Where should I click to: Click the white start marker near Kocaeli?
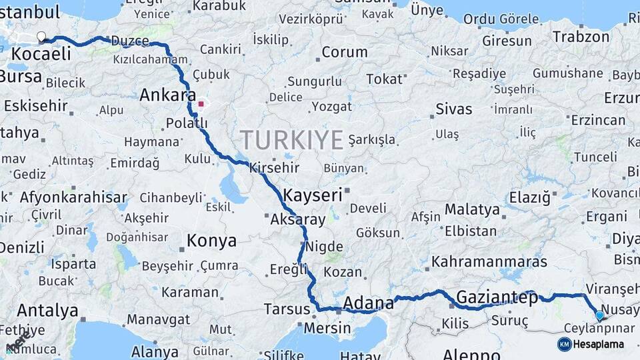(41, 37)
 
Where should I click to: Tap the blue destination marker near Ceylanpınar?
(599, 316)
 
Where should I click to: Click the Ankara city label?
(167, 95)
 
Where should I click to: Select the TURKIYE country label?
(291, 140)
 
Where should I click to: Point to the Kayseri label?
(313, 195)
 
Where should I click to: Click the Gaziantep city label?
(497, 298)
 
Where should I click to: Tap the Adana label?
(369, 303)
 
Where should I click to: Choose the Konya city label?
(211, 241)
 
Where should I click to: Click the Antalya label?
(47, 311)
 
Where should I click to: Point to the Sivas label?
(453, 109)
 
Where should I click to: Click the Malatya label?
(472, 209)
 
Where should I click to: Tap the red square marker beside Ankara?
(201, 104)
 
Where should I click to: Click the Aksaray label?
(298, 219)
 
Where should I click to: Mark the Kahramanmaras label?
(489, 261)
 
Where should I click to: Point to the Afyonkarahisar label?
(73, 197)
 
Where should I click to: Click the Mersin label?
(327, 328)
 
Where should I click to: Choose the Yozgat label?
(331, 107)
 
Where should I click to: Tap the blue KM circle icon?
(564, 344)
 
